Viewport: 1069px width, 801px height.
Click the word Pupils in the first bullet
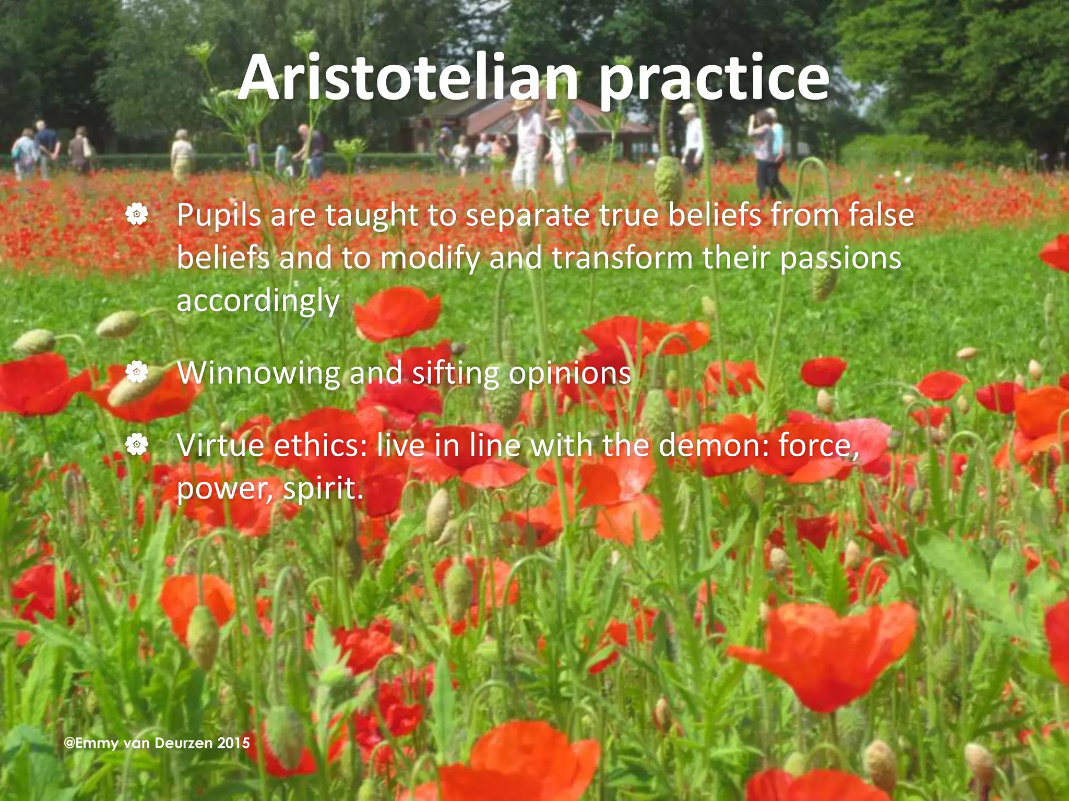click(x=219, y=215)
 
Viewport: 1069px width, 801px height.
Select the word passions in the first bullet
click(x=840, y=259)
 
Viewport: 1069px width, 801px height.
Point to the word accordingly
click(x=258, y=301)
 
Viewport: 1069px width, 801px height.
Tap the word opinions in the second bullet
click(x=569, y=373)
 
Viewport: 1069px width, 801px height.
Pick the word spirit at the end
click(x=322, y=489)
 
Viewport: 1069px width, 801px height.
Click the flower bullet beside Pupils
click(x=137, y=214)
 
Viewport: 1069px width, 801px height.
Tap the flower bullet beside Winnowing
click(x=137, y=372)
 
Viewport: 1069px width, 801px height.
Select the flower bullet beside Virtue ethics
click(x=137, y=445)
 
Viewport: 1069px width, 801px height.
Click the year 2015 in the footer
click(x=233, y=743)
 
